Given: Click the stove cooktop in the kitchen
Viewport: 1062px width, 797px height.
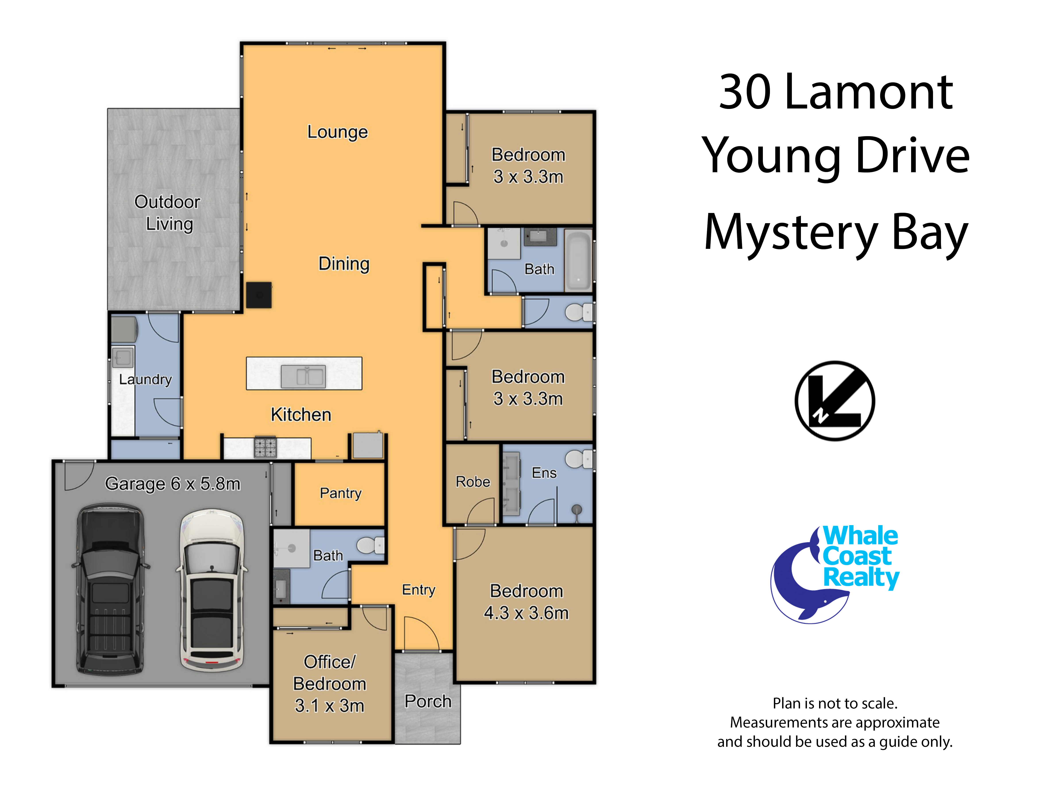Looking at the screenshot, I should [265, 447].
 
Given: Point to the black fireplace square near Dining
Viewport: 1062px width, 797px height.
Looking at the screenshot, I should [259, 294].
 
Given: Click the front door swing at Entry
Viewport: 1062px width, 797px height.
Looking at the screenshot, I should [421, 633].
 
